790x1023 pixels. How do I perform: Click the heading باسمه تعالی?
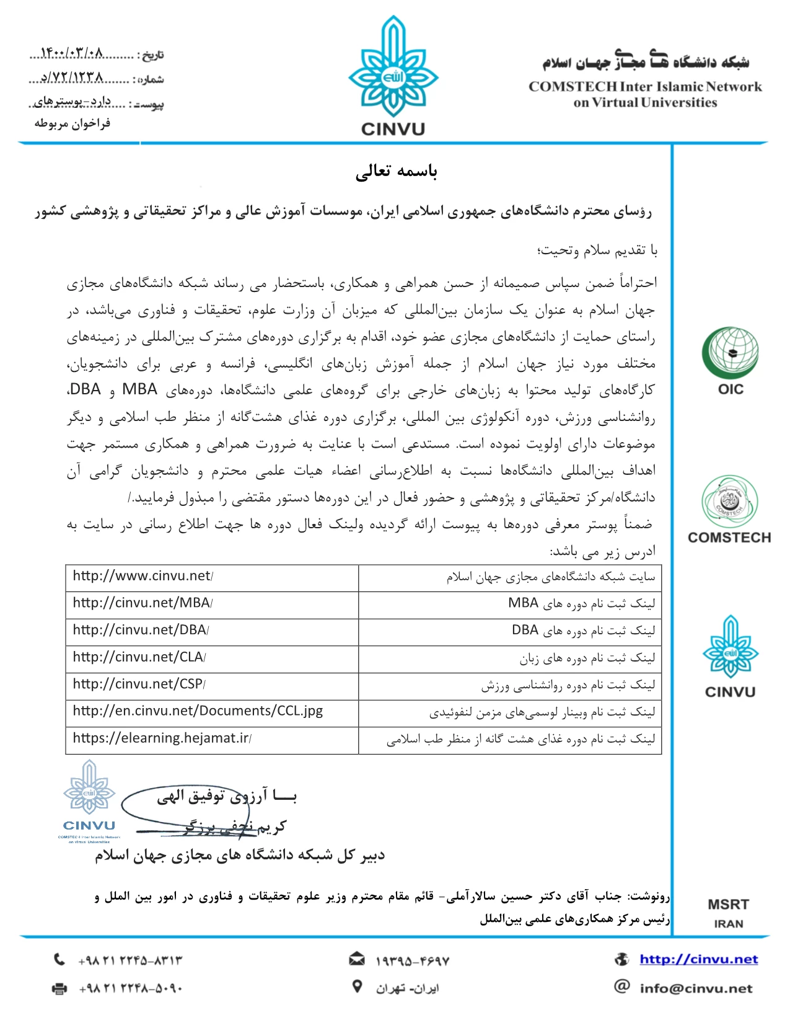(x=397, y=172)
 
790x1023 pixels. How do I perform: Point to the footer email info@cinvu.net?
(x=696, y=988)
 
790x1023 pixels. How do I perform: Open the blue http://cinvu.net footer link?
(x=699, y=960)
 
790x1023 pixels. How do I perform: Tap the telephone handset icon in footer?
(x=59, y=960)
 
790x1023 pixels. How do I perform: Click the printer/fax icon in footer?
(x=59, y=988)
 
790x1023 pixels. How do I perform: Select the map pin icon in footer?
(x=357, y=986)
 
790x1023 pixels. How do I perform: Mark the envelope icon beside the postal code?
(x=356, y=960)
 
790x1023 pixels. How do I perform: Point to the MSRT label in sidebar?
(x=728, y=905)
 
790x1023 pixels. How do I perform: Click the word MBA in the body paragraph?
(x=139, y=390)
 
